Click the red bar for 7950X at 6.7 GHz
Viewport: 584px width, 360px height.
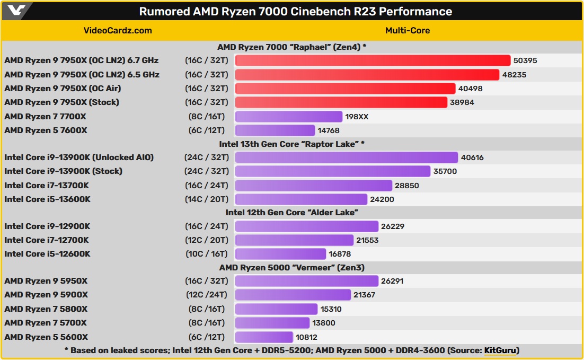pyautogui.click(x=372, y=60)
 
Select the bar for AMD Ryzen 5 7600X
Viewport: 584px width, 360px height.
pyautogui.click(x=275, y=130)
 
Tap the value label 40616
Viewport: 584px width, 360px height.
pyautogui.click(x=472, y=157)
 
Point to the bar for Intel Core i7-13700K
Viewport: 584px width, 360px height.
pyautogui.click(x=313, y=186)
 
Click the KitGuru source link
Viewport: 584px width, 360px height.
pyautogui.click(x=501, y=350)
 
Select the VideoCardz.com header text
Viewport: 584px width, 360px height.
pyautogui.click(x=118, y=30)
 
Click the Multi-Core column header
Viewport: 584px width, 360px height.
pyautogui.click(x=408, y=30)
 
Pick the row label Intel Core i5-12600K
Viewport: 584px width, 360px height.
pyautogui.click(x=47, y=254)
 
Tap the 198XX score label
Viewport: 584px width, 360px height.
pyautogui.click(x=357, y=117)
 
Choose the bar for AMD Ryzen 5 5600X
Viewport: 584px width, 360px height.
pyautogui.click(x=264, y=337)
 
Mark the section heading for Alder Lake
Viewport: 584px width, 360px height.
pyautogui.click(x=292, y=213)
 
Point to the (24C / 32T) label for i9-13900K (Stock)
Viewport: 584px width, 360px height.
pyautogui.click(x=207, y=171)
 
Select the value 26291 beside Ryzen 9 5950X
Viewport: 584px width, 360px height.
pyautogui.click(x=393, y=281)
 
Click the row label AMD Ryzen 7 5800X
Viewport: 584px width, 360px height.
pyautogui.click(x=46, y=309)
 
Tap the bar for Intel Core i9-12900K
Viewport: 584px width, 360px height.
pyautogui.click(x=306, y=226)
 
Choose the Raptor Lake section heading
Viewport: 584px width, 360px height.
pyautogui.click(x=292, y=144)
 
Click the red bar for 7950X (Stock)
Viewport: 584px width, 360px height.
pyautogui.click(x=341, y=102)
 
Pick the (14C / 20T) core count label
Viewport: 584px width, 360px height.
pyautogui.click(x=207, y=199)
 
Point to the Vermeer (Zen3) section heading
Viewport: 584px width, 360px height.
pyautogui.click(x=292, y=268)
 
